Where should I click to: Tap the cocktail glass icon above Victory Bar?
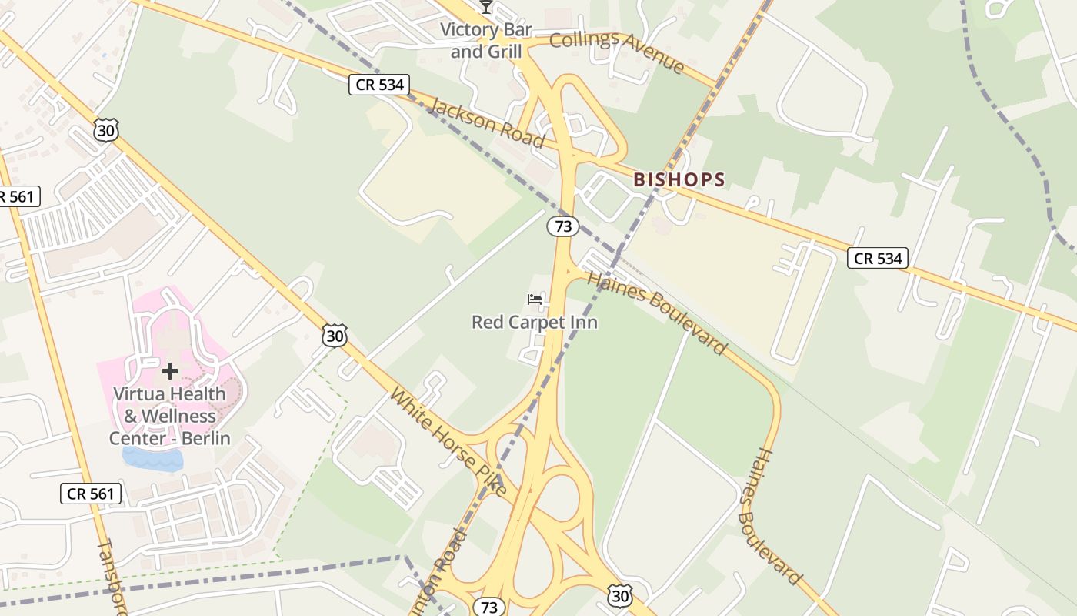(x=485, y=7)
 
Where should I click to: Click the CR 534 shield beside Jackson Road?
(x=379, y=85)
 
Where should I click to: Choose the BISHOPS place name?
(x=679, y=180)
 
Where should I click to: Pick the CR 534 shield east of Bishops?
(x=878, y=258)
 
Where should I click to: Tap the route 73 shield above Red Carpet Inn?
(x=563, y=226)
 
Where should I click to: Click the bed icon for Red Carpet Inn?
(x=535, y=299)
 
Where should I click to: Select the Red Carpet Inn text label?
(x=535, y=322)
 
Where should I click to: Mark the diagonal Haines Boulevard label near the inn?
(x=656, y=311)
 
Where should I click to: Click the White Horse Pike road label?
(x=448, y=441)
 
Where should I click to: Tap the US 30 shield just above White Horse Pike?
(x=335, y=335)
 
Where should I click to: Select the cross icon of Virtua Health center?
(x=170, y=372)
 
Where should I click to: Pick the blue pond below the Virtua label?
(x=154, y=459)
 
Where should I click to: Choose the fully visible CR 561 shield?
(x=91, y=494)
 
